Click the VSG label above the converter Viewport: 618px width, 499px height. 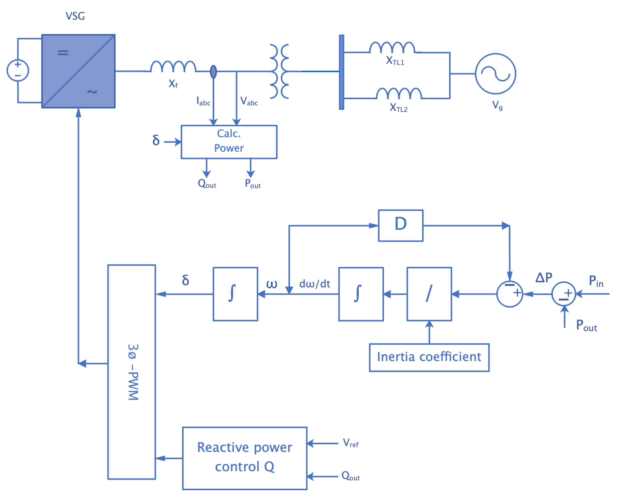click(75, 16)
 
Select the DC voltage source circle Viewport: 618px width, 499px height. click(18, 70)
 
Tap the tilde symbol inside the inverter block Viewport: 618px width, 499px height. click(92, 92)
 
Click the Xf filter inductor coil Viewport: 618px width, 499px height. click(173, 67)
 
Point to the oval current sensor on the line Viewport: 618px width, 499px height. click(213, 72)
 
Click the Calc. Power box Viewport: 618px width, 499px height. click(229, 142)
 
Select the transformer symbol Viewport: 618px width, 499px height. click(279, 71)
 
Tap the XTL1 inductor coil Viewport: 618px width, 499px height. click(392, 48)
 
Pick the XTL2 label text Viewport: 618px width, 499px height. click(398, 108)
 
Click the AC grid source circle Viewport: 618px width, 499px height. click(495, 74)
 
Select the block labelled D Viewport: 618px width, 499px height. click(401, 226)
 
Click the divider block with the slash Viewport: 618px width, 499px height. click(429, 294)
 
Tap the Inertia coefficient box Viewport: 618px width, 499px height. click(429, 357)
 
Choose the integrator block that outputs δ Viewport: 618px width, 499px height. click(235, 294)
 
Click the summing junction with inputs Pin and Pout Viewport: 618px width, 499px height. click(564, 294)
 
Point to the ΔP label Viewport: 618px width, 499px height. click(544, 278)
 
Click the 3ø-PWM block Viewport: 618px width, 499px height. click(132, 372)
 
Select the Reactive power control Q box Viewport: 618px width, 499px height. click(245, 458)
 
